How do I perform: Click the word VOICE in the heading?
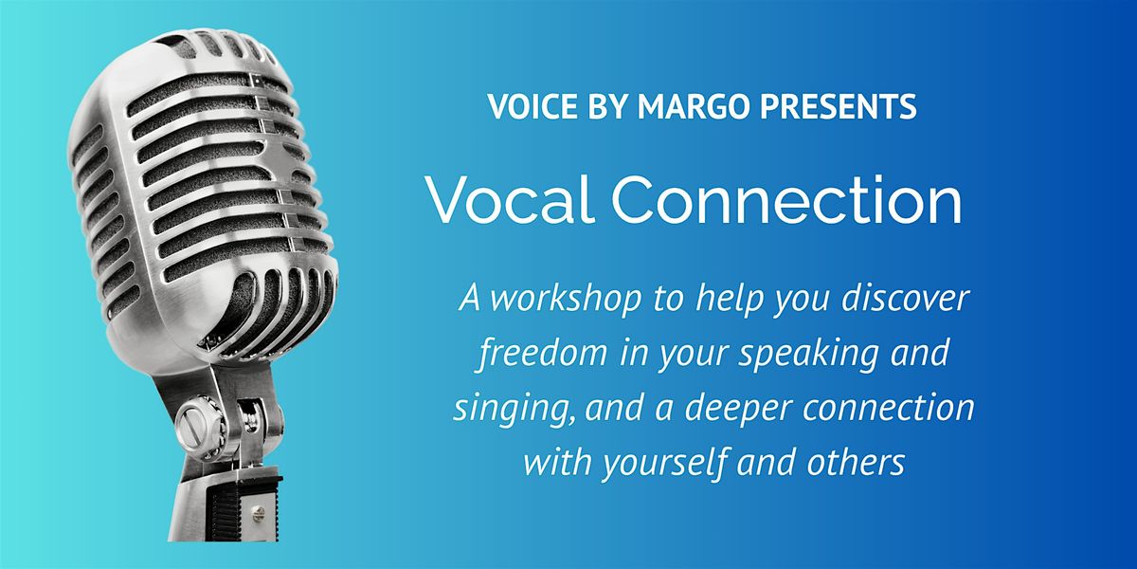(x=532, y=106)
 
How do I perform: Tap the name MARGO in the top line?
(x=694, y=106)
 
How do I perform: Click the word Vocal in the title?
(x=511, y=199)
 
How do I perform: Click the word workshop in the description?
(x=567, y=299)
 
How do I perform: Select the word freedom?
(x=543, y=352)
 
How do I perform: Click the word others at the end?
(x=856, y=462)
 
